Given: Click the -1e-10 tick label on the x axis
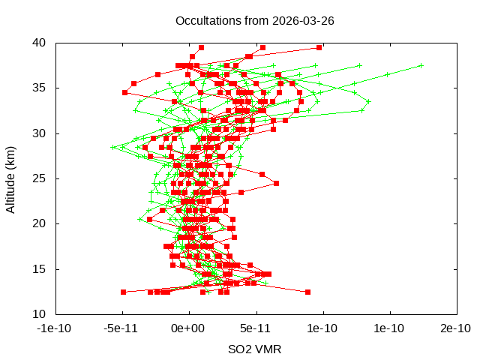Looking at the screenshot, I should [x=54, y=328].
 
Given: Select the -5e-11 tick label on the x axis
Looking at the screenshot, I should [x=121, y=328].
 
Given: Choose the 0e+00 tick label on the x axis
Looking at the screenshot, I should [x=188, y=328].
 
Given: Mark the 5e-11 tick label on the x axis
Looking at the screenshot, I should [x=255, y=328].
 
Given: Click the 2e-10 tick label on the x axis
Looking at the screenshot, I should [x=456, y=328].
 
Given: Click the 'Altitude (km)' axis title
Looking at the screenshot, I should [x=11, y=178].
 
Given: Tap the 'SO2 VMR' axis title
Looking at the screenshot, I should [x=255, y=349].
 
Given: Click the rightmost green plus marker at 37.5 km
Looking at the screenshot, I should [x=421, y=65].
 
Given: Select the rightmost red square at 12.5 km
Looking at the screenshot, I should [x=307, y=292].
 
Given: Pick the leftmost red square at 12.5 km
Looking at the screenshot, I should [x=123, y=292].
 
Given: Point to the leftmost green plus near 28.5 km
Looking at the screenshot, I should [x=112, y=147].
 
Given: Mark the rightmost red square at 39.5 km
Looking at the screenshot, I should [x=319, y=47].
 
